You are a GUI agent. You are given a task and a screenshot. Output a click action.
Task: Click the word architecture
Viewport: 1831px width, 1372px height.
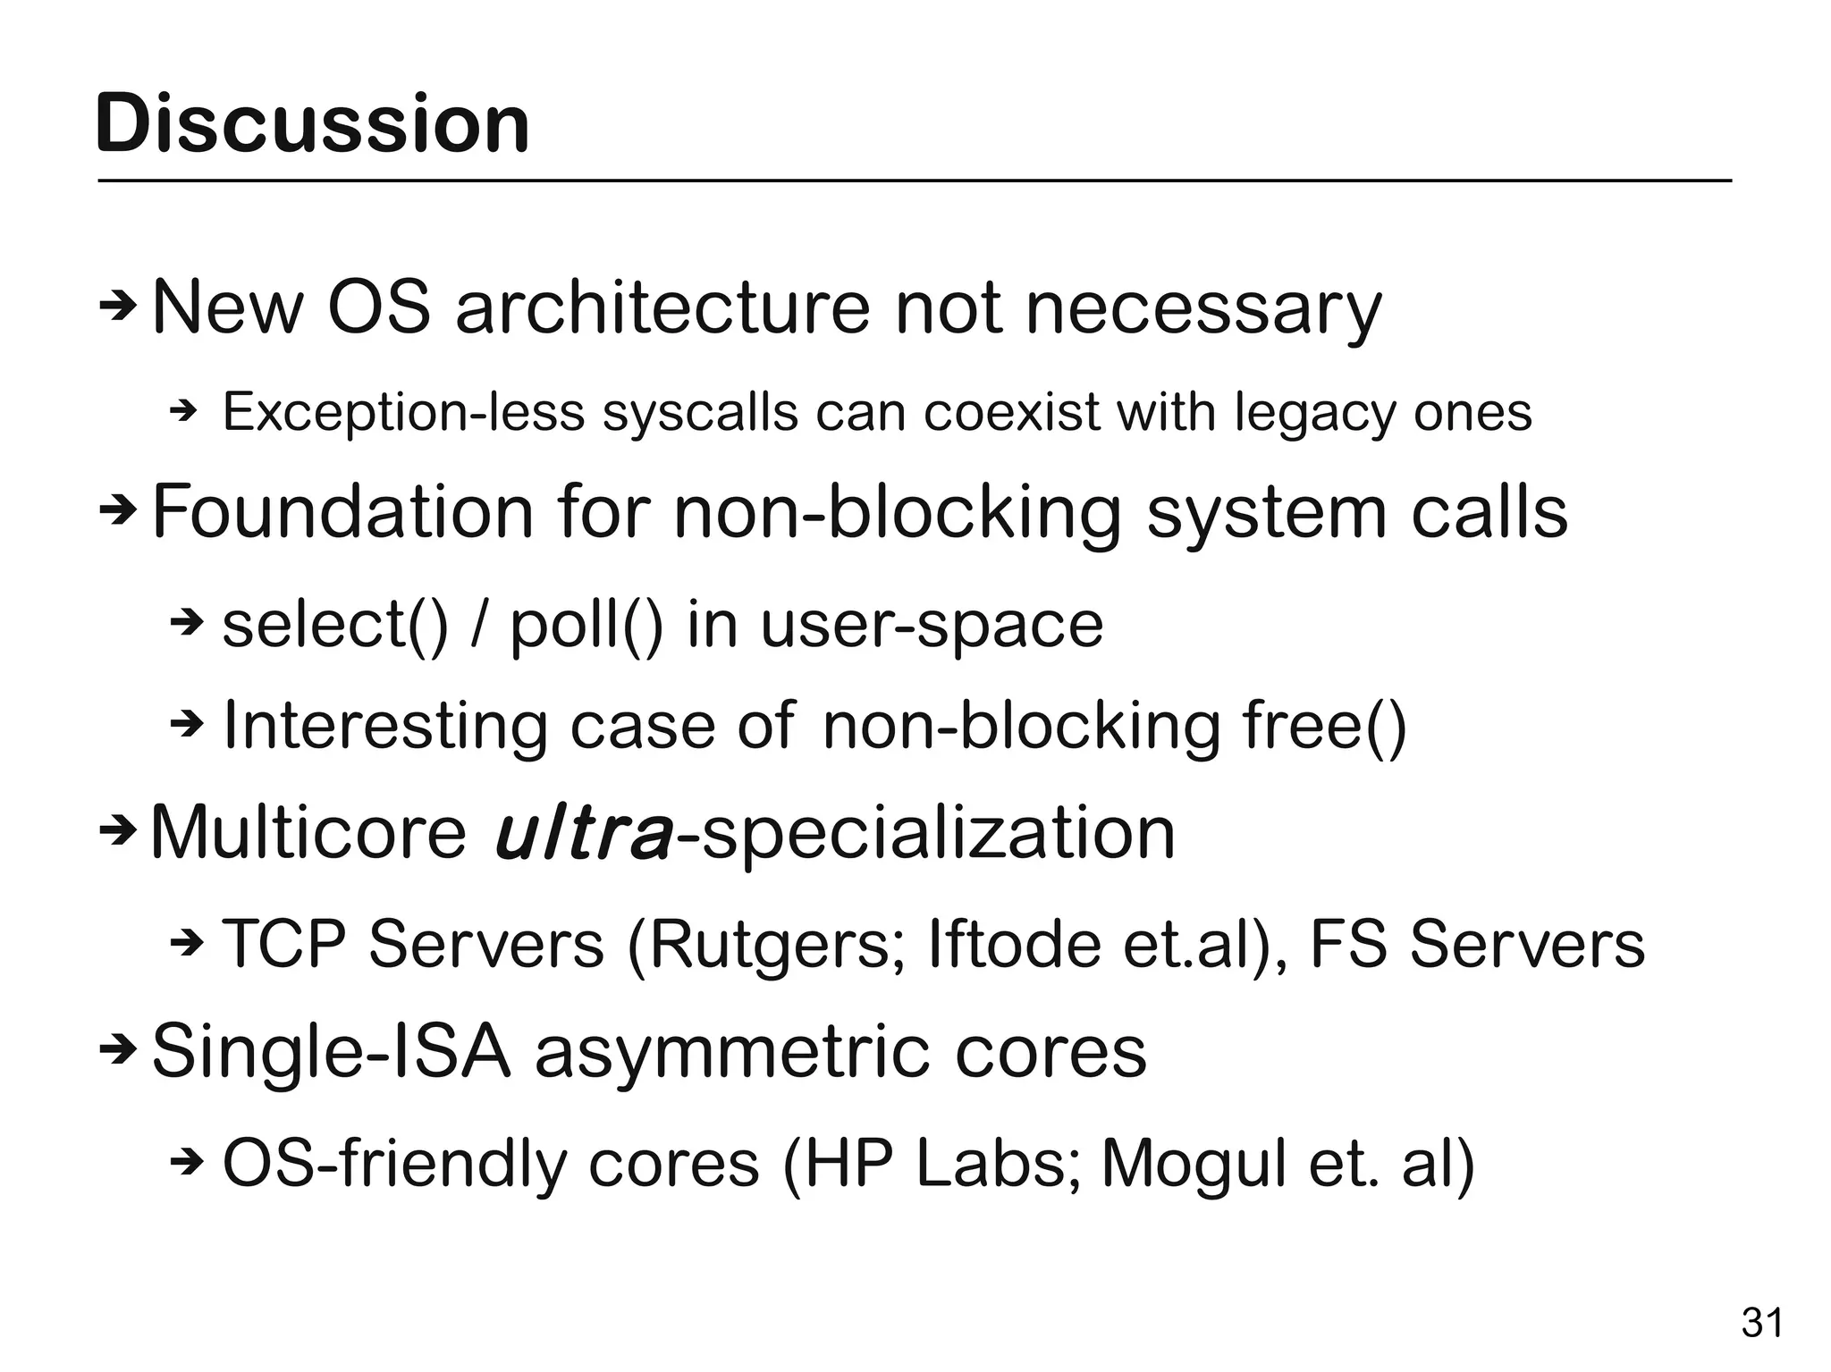[x=662, y=308]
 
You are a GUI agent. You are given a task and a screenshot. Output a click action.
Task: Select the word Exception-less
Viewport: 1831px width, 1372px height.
[x=403, y=413]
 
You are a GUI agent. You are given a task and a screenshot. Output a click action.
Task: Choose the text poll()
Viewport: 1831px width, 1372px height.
[x=586, y=625]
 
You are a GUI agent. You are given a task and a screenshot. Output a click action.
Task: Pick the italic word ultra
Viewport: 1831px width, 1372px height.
[x=583, y=832]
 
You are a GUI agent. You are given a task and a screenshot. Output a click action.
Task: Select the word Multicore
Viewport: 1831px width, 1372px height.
[x=308, y=832]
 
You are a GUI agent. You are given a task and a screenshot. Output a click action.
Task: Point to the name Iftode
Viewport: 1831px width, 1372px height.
[x=1015, y=944]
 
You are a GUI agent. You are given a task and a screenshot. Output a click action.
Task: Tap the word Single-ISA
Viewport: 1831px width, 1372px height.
[x=331, y=1052]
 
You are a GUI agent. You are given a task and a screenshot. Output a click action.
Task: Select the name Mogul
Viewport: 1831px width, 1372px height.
[x=1194, y=1165]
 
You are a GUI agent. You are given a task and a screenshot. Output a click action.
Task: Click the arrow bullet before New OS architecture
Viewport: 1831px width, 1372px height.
[x=117, y=308]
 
